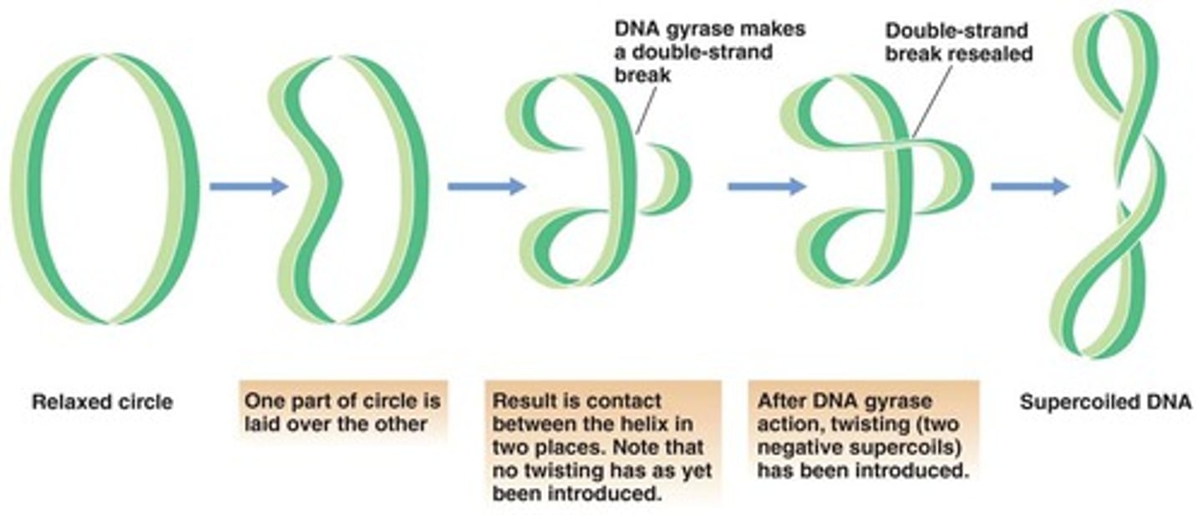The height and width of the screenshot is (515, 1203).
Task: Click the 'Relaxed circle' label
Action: pos(102,402)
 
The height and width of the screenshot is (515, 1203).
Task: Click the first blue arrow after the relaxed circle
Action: pos(248,186)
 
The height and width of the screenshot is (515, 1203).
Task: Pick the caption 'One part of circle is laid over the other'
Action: pos(342,412)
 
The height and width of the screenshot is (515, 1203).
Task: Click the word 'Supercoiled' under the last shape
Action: pos(1081,402)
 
